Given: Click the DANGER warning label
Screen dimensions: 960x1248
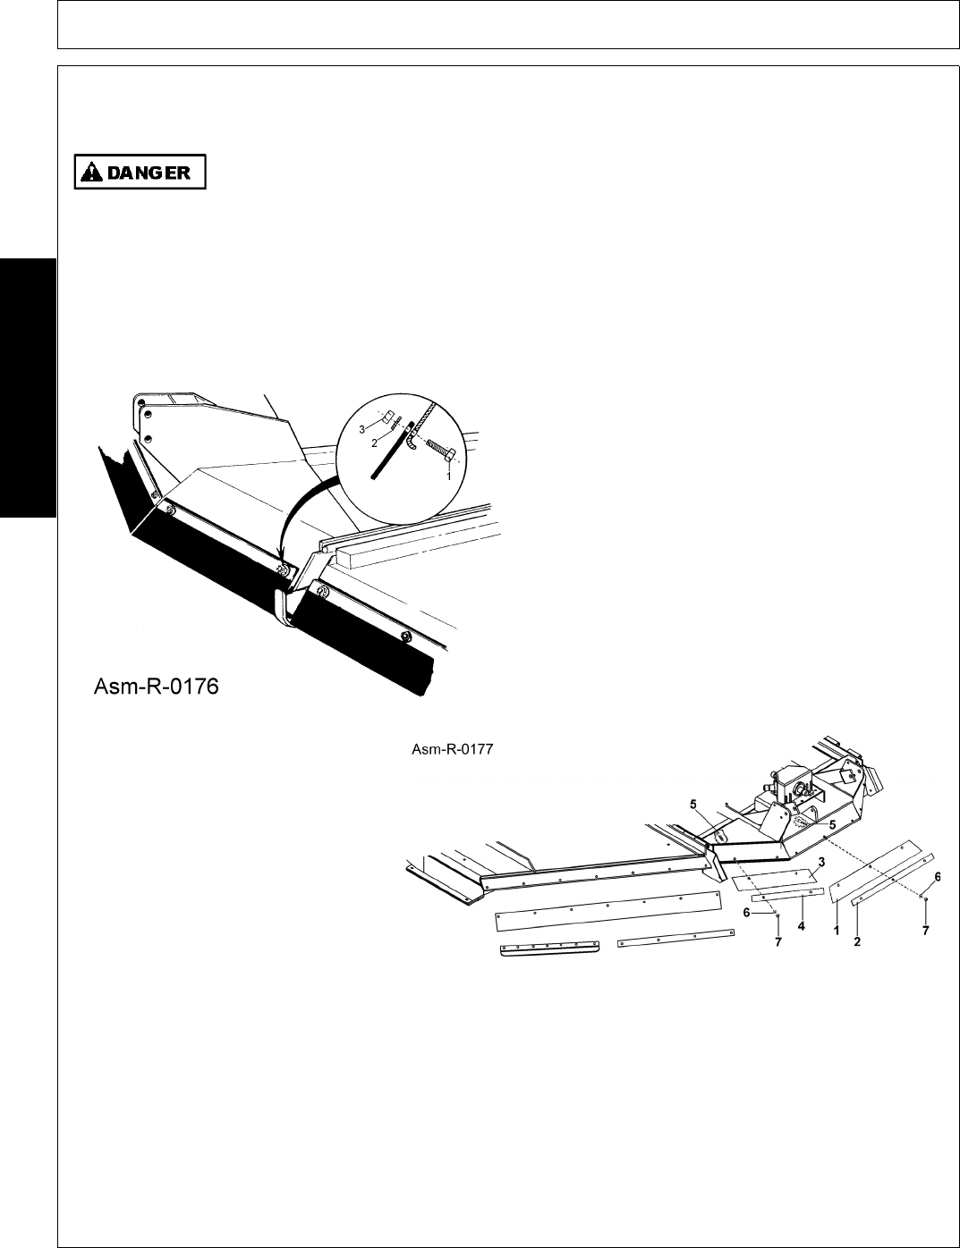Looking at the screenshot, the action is click(140, 173).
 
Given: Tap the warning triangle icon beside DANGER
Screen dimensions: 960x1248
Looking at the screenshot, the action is click(91, 173).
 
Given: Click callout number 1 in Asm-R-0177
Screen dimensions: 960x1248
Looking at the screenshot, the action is click(837, 931).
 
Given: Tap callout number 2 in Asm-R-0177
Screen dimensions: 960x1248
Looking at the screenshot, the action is click(857, 940).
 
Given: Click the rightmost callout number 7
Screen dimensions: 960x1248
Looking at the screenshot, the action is click(926, 931).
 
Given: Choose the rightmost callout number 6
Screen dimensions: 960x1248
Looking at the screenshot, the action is click(937, 877).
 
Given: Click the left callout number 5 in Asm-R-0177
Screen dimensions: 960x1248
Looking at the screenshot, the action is click(693, 804).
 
